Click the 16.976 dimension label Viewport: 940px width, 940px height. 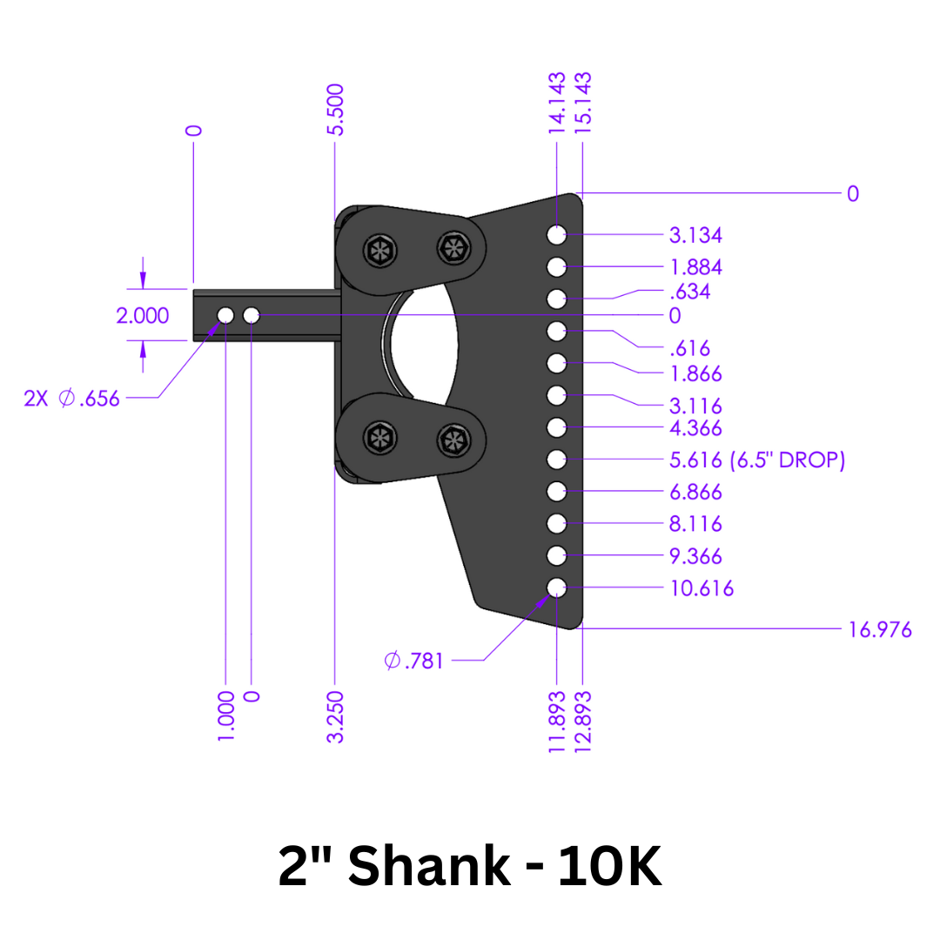pos(880,629)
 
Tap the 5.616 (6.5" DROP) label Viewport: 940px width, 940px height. pos(757,460)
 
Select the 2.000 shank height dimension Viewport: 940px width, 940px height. pos(143,315)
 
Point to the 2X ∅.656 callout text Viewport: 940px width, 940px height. pos(72,399)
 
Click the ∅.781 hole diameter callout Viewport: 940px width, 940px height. pos(414,661)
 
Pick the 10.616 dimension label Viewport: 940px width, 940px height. pos(702,588)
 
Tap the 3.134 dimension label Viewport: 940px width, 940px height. pos(695,235)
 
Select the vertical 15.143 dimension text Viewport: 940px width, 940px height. pos(582,103)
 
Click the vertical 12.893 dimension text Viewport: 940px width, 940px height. pos(582,721)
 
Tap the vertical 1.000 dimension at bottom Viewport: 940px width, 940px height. pos(226,715)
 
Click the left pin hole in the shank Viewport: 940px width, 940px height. pos(225,314)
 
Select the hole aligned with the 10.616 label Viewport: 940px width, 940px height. pos(557,587)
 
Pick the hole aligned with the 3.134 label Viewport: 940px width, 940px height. pos(557,235)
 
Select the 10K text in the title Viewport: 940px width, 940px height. pos(609,867)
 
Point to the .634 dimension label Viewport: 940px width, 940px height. pos(689,291)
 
